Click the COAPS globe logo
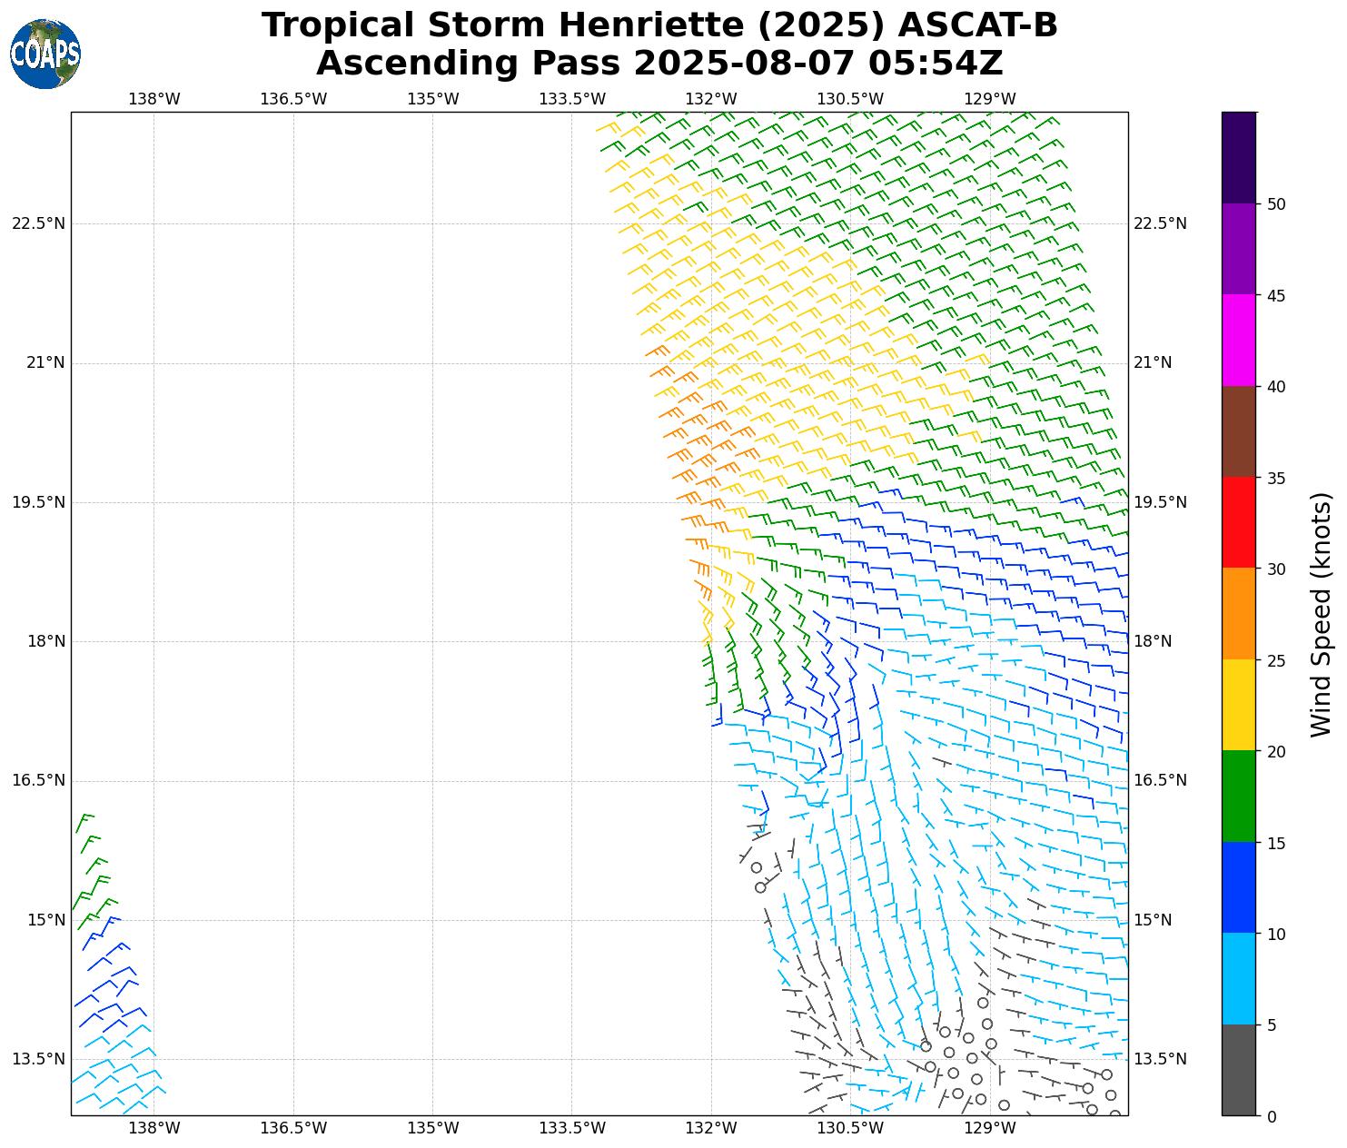pos(45,54)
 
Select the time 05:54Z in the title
pos(936,64)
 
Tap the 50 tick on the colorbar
pos(1276,204)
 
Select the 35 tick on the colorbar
pos(1276,478)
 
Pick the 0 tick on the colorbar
pos(1272,1116)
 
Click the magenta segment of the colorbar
pos(1239,340)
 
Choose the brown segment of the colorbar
pos(1239,431)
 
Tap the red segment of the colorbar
pos(1239,522)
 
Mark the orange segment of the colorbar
pos(1239,614)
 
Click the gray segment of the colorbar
pos(1239,1070)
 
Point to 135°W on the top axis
pos(432,99)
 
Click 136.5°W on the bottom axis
pos(293,1129)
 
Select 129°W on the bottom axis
pos(990,1129)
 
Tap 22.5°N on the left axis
pos(38,224)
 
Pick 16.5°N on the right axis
pos(1160,781)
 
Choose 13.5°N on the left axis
pos(38,1059)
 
